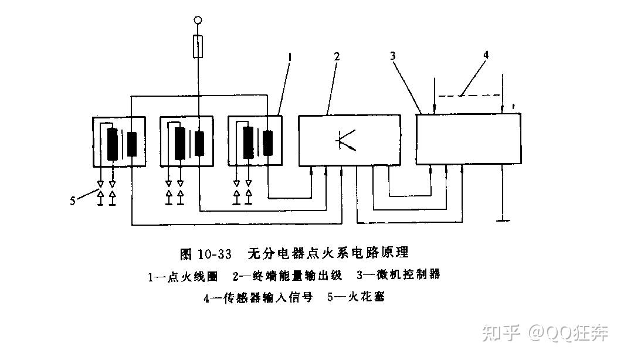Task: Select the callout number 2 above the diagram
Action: click(337, 57)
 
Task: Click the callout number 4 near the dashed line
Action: click(486, 55)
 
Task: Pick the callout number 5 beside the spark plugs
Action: click(73, 201)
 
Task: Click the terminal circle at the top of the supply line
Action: click(199, 21)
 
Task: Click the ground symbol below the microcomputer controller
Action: click(503, 220)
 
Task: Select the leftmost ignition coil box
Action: click(119, 141)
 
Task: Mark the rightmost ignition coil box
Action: click(255, 141)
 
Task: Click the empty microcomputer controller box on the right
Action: click(468, 140)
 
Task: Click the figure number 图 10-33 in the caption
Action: click(205, 254)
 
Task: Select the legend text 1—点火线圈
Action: click(182, 276)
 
